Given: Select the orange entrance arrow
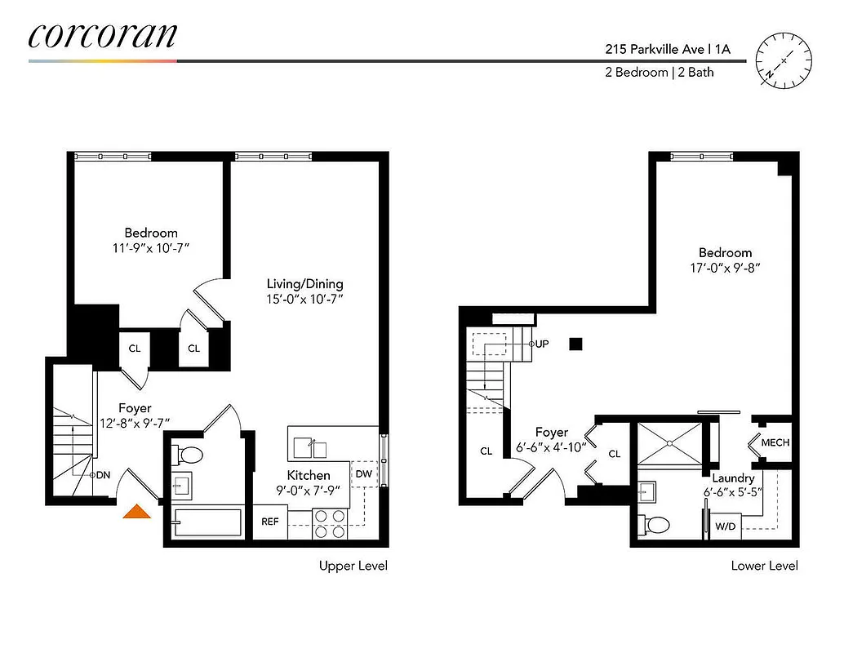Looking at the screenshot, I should [137, 511].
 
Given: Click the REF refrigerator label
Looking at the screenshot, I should [270, 521].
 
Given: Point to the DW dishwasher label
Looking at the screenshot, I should [363, 473].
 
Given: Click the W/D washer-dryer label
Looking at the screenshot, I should [726, 526].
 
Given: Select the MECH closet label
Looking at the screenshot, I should [775, 443].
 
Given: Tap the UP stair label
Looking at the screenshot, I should [542, 344].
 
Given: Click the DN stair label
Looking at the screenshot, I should [103, 474].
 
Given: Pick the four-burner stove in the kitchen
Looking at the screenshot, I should [330, 523].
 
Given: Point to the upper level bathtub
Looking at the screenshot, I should [207, 523].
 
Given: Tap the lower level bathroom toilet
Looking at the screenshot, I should [656, 522].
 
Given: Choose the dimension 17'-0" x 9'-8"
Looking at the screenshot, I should [725, 267].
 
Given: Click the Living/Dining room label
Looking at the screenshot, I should [304, 284].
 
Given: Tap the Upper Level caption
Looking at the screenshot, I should [353, 566].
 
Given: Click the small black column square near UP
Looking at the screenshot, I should [576, 344].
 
